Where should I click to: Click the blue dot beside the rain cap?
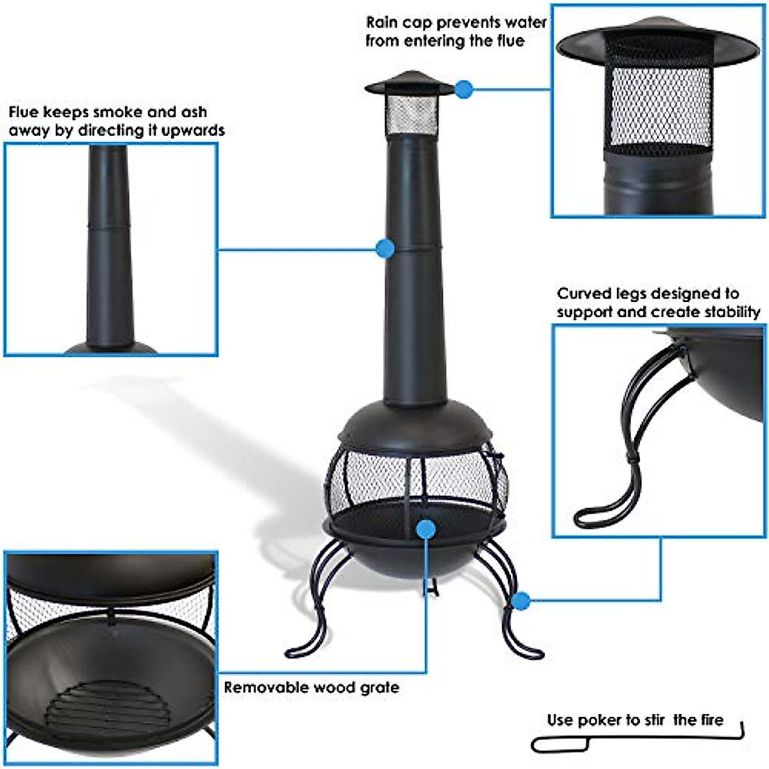pyautogui.click(x=465, y=89)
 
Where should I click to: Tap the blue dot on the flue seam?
pyautogui.click(x=384, y=249)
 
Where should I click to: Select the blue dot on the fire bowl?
pyautogui.click(x=426, y=529)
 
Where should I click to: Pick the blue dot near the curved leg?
pyautogui.click(x=522, y=600)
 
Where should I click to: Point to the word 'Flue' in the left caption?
pyautogui.click(x=24, y=113)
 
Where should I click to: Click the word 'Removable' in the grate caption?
pyautogui.click(x=265, y=688)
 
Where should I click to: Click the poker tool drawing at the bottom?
pyautogui.click(x=634, y=741)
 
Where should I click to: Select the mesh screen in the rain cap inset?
pyautogui.click(x=660, y=106)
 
